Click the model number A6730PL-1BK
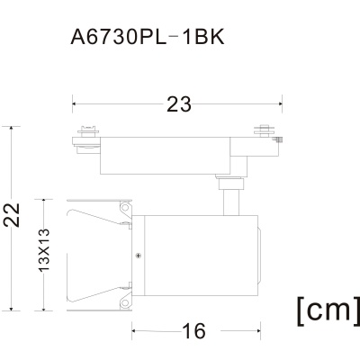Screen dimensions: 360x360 click(x=148, y=38)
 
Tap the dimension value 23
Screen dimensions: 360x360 click(x=179, y=104)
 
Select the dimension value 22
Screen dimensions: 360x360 click(x=12, y=215)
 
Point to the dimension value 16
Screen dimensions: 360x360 click(x=194, y=331)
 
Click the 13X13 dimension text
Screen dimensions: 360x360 click(x=44, y=250)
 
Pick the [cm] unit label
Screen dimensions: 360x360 click(x=328, y=310)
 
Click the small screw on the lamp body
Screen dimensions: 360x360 click(x=139, y=256)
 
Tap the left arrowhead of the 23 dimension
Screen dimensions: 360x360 click(x=76, y=104)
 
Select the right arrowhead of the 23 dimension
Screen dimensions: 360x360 click(x=279, y=104)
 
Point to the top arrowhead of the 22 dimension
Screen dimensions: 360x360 click(x=12, y=130)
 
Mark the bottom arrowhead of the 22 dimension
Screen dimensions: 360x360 click(x=12, y=308)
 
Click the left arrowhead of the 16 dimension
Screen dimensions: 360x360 click(x=135, y=331)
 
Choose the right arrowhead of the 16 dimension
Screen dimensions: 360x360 click(x=257, y=331)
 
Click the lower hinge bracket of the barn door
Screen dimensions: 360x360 click(x=126, y=299)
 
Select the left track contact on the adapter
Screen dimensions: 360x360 click(x=88, y=130)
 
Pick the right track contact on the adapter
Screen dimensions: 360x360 click(x=264, y=130)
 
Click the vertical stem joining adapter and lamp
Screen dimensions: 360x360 click(x=231, y=202)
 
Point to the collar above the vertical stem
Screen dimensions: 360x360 click(x=230, y=184)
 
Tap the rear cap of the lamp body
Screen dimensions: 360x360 click(x=259, y=256)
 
